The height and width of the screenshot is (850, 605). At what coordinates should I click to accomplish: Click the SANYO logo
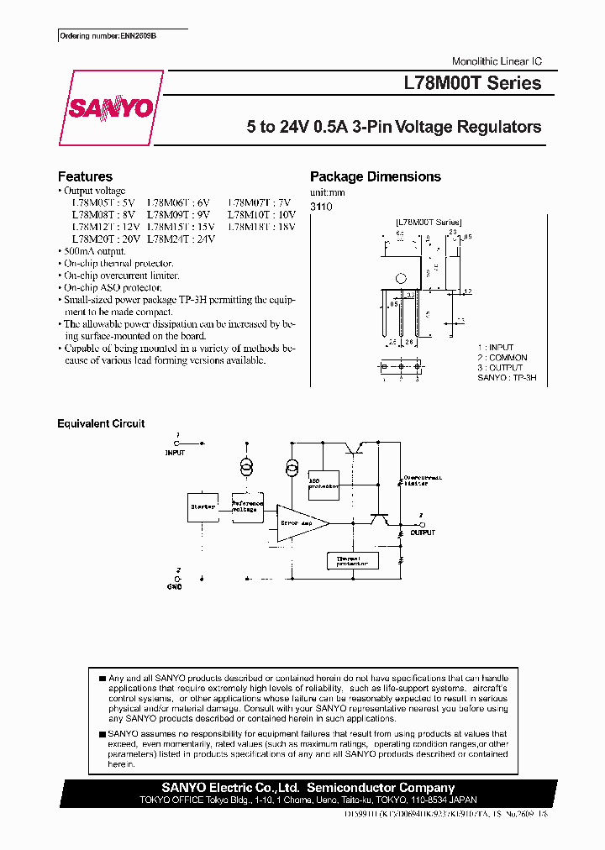coord(111,108)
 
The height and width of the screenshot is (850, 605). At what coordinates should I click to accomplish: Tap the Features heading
coord(85,176)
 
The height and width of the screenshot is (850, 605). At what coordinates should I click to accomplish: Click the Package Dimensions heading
coord(375,176)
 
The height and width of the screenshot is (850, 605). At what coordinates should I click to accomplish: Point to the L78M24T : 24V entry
coord(181,238)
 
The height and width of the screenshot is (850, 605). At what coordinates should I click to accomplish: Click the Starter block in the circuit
coord(203,507)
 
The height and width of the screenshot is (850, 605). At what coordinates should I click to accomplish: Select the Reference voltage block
coord(247,507)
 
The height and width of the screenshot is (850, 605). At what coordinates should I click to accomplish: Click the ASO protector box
coord(324,481)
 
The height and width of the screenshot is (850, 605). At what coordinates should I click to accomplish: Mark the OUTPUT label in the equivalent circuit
coord(423,533)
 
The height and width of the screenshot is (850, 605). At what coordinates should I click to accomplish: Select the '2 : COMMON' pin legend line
coord(502,357)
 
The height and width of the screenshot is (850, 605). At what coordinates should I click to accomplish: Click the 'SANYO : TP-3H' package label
coord(506,378)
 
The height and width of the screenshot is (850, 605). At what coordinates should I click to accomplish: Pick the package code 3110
coord(320,206)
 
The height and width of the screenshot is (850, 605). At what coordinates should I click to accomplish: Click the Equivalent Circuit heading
coord(101,423)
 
